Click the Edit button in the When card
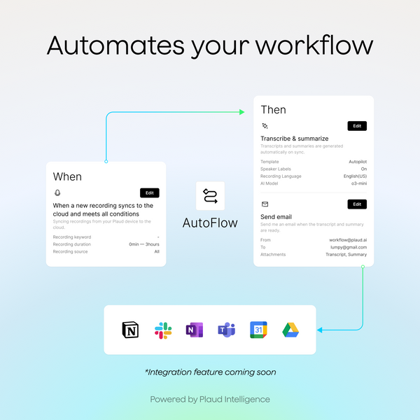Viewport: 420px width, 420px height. click(150, 192)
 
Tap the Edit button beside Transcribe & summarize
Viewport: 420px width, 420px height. click(357, 126)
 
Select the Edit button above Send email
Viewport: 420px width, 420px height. click(357, 204)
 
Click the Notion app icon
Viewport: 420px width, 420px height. click(131, 330)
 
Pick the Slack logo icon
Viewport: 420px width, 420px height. click(163, 330)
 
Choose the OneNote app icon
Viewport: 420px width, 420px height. click(195, 330)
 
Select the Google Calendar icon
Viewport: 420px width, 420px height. click(258, 330)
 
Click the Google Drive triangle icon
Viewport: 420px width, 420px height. click(290, 330)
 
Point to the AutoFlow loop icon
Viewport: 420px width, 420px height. click(210, 197)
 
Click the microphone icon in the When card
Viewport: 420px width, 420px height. click(57, 192)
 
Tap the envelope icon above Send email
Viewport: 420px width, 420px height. click(265, 204)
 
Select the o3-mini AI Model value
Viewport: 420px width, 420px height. click(357, 183)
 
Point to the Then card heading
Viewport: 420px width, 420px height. click(273, 109)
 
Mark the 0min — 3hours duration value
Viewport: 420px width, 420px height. click(144, 244)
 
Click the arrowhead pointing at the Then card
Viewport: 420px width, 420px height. click(241, 112)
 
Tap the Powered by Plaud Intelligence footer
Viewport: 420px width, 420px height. click(210, 399)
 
